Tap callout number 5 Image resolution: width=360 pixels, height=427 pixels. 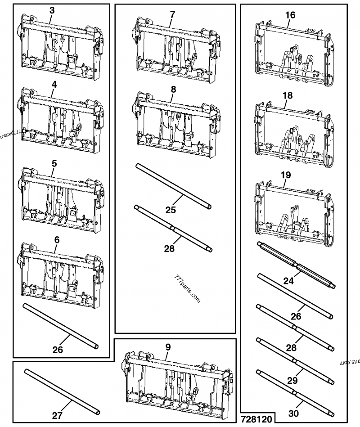point(54,164)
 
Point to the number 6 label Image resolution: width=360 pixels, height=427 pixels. point(57,240)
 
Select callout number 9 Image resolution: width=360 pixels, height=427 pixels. point(168,347)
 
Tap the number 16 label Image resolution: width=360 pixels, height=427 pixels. point(290,15)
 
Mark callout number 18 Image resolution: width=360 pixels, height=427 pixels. point(288,95)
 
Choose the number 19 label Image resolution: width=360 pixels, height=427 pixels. point(286,175)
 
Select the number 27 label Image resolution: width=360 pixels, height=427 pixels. point(57,416)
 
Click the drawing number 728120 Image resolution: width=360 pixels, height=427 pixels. point(256,419)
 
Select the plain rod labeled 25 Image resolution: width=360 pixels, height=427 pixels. point(173,185)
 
